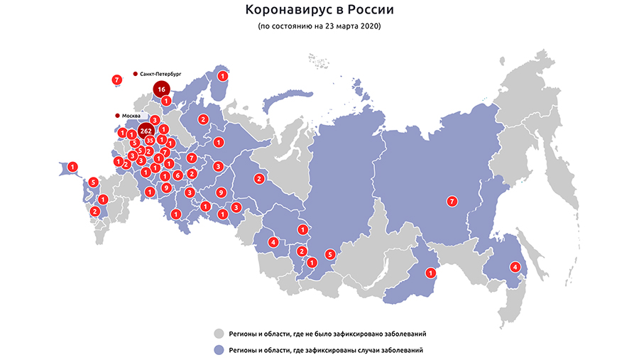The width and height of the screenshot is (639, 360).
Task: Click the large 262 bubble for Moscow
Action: point(147,131)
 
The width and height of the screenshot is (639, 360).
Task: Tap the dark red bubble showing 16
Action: point(162,89)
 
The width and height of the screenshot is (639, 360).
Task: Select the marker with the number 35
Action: point(150,141)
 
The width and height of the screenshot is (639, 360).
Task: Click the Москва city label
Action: point(132,116)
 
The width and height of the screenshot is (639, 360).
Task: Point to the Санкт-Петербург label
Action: point(161,73)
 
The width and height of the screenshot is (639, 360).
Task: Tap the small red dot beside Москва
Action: point(117,116)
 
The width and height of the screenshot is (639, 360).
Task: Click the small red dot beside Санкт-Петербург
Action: point(135,73)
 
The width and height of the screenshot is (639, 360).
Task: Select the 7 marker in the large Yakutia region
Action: point(452,202)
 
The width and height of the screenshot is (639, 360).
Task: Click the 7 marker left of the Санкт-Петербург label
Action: point(116,80)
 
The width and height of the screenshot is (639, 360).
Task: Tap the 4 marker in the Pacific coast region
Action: point(515,268)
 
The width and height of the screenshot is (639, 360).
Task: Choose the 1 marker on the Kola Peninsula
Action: point(223,76)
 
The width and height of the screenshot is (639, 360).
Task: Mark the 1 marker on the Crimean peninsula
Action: point(72,166)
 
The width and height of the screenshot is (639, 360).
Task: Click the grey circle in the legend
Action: point(219,333)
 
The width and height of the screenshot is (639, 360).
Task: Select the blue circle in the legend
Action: point(219,349)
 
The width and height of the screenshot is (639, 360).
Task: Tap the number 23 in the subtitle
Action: point(329,26)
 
